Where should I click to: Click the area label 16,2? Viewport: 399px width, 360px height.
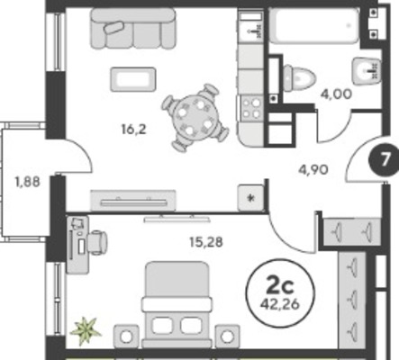tap(133, 130)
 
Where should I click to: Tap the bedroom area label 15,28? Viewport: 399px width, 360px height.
tap(206, 242)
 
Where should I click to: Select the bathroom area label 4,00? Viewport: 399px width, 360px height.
tap(336, 94)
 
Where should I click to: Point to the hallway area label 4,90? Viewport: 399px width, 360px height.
tap(313, 170)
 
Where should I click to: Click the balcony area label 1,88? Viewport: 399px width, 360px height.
tap(27, 182)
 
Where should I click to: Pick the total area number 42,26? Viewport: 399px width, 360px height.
tap(280, 304)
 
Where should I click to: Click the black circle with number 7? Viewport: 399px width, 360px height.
tap(384, 160)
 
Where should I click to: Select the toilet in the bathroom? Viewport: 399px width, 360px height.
tap(299, 78)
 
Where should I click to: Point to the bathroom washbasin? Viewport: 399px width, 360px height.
tap(367, 71)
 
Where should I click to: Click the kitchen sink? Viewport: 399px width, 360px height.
tap(251, 25)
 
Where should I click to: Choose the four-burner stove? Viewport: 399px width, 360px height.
tap(251, 108)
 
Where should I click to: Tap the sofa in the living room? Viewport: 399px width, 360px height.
tap(133, 28)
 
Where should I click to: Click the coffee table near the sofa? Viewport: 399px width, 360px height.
tap(133, 79)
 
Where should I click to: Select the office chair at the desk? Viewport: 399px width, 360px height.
tap(96, 242)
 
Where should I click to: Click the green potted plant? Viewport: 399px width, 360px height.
tap(86, 331)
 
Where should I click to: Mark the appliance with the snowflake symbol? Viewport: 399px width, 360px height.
tap(250, 198)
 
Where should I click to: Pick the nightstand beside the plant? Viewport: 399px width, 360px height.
tap(126, 337)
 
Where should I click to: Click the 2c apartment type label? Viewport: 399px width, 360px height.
tap(280, 286)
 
